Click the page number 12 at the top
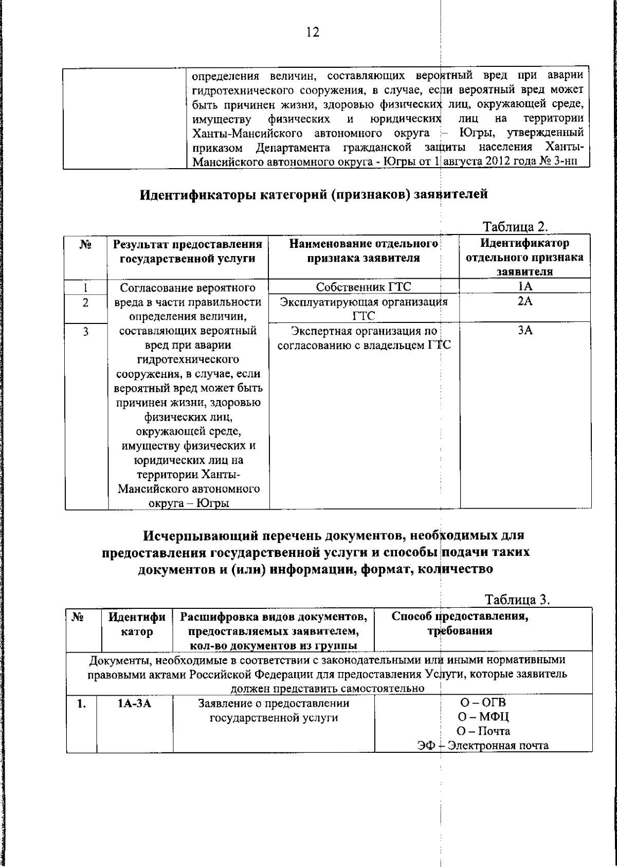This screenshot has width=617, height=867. coord(313,32)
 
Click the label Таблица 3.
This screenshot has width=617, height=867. coord(517,600)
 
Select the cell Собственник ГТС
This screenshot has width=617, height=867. coord(364,287)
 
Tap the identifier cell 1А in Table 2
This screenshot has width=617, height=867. coord(524,287)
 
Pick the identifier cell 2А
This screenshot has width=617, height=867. coord(524,302)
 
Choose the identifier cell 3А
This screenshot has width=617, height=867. coord(524,331)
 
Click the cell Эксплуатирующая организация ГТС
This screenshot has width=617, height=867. coord(364,309)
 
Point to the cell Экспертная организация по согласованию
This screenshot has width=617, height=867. coord(364,338)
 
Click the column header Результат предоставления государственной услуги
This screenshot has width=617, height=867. coord(188,251)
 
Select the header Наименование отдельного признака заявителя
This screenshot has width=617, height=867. coord(364,250)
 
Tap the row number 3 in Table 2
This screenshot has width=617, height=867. coord(86,332)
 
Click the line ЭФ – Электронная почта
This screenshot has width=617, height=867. coord(483,746)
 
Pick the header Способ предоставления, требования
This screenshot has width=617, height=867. coord(460,623)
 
